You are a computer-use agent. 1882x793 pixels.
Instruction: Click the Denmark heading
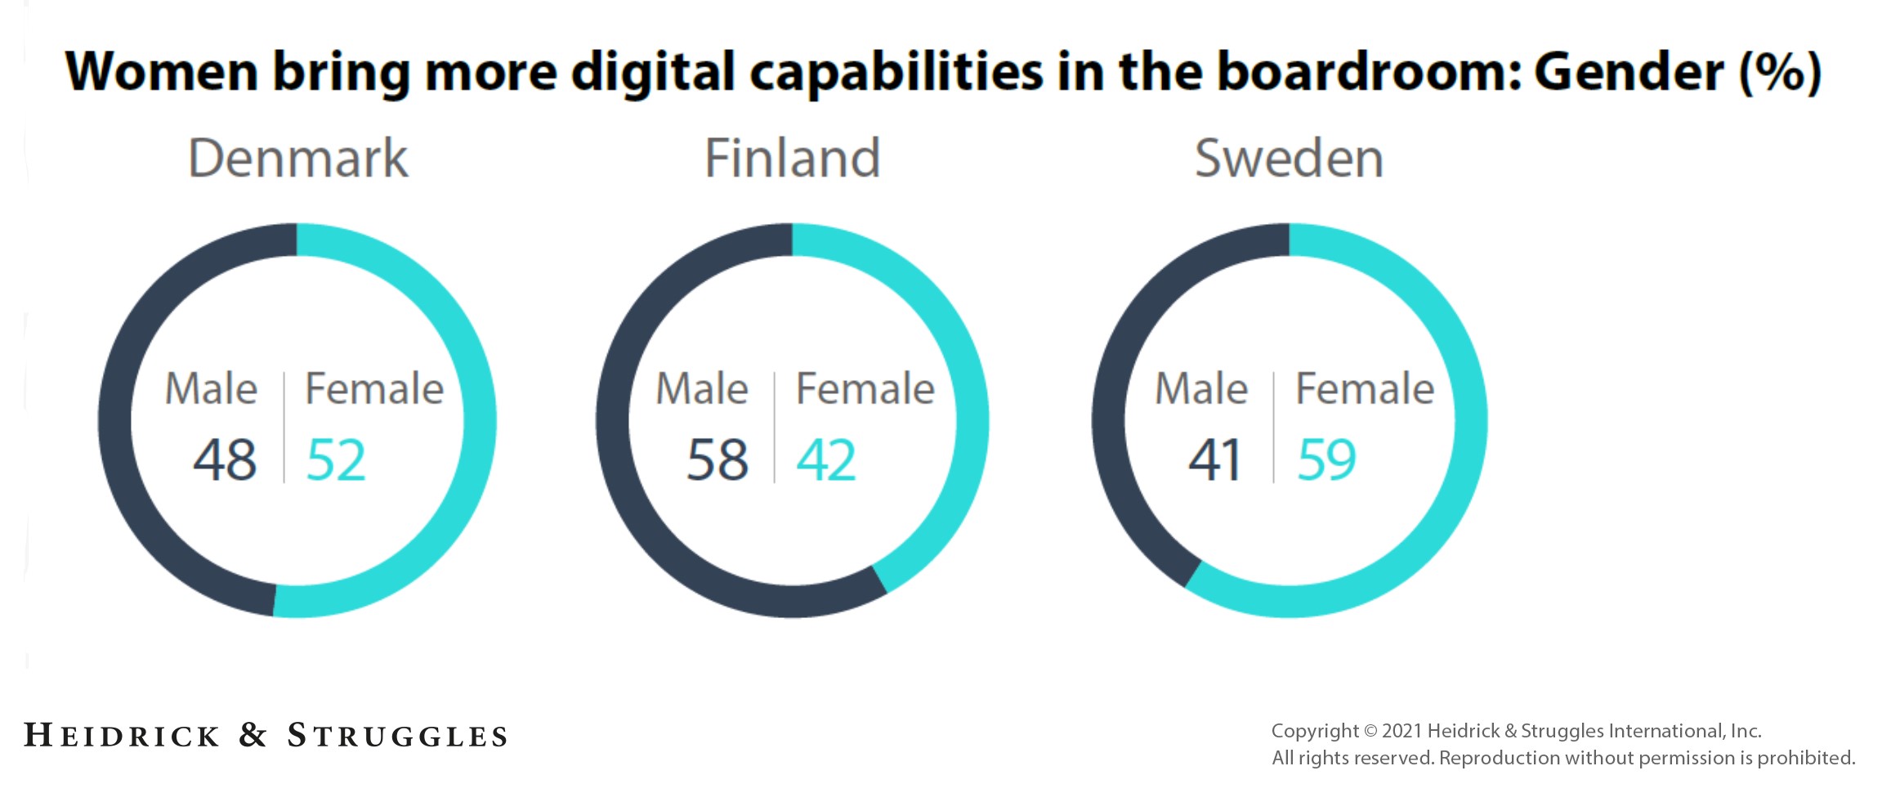click(298, 158)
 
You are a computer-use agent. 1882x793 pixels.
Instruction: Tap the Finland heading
click(792, 158)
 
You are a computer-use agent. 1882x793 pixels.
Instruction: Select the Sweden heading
click(1289, 158)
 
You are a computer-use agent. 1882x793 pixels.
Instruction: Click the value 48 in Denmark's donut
click(225, 459)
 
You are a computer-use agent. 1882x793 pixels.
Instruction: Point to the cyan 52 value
click(336, 459)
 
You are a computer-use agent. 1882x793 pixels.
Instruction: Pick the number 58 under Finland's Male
click(717, 459)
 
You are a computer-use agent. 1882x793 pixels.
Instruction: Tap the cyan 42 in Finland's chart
click(826, 459)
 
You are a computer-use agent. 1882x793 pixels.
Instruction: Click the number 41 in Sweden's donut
click(1215, 459)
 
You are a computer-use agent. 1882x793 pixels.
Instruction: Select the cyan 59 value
click(1326, 459)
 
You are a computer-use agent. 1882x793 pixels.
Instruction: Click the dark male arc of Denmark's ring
click(115, 420)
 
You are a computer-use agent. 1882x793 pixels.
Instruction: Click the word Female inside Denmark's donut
click(374, 388)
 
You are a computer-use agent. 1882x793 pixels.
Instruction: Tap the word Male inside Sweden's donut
click(1201, 388)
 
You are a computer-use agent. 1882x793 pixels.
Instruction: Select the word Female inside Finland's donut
click(865, 388)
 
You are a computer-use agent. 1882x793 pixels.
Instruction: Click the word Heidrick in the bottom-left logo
click(123, 735)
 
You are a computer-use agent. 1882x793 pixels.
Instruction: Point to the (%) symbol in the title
click(1781, 72)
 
